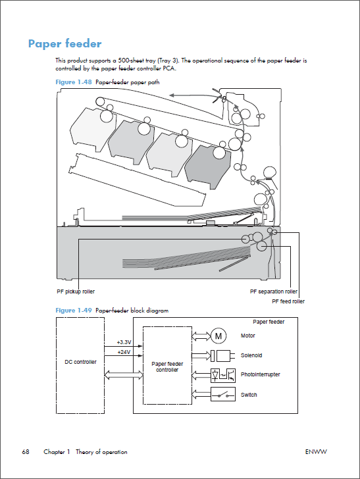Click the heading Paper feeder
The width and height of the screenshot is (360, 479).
[64, 44]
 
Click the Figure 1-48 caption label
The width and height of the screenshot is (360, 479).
[74, 82]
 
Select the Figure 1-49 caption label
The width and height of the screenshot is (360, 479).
[74, 311]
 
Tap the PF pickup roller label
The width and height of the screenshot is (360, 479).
[76, 291]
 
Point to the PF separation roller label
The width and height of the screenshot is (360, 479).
[274, 291]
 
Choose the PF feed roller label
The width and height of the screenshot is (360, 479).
[288, 301]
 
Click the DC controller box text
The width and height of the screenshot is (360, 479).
[80, 362]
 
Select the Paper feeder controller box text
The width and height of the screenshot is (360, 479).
[167, 367]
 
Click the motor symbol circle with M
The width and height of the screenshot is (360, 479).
[219, 336]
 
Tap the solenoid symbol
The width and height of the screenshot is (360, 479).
[223, 356]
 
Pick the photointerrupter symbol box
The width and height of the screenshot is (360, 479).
[223, 376]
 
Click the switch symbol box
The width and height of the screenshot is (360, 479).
[223, 394]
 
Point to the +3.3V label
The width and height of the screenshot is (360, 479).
[124, 342]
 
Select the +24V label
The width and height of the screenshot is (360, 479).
[124, 352]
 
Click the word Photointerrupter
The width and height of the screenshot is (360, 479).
[261, 374]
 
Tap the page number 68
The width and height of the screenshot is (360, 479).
[26, 452]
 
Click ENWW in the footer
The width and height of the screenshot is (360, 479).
[316, 452]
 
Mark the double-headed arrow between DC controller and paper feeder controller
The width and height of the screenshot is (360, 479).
[124, 375]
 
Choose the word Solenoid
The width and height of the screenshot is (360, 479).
[251, 355]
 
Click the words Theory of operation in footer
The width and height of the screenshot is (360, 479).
[101, 452]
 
